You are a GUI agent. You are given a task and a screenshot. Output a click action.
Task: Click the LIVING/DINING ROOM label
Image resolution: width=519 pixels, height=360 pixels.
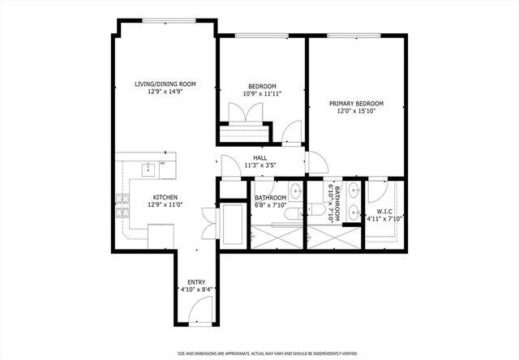coord(165,84)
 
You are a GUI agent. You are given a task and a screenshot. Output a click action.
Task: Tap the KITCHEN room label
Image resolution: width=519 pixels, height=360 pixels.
coord(165,197)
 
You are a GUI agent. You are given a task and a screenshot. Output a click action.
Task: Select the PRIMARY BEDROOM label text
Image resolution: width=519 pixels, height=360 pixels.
coord(356,104)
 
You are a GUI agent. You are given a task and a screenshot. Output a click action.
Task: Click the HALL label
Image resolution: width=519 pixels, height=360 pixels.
coord(259,158)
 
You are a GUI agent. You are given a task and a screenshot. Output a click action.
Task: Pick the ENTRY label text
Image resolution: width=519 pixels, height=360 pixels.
coord(196,281)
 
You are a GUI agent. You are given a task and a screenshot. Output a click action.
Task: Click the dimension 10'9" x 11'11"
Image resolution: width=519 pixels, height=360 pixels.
coord(262,94)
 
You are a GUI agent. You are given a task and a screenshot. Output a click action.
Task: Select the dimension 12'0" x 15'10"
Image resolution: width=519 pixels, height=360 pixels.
coord(356,112)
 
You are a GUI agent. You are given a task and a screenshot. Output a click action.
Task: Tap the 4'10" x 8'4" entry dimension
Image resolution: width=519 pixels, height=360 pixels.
coord(196,289)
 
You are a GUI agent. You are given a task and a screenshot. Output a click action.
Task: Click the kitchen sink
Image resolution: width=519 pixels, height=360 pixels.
coord(149,169)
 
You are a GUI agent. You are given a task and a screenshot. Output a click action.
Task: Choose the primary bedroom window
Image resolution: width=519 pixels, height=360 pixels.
coord(351,35)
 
